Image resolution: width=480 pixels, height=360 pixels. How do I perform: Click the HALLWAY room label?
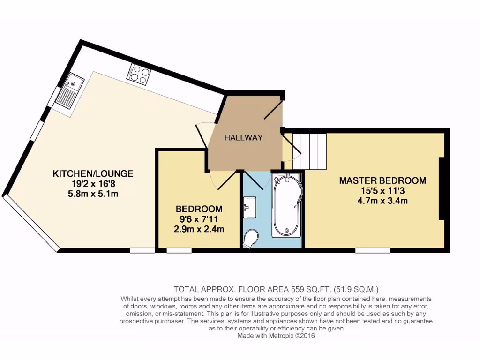tap(243, 137)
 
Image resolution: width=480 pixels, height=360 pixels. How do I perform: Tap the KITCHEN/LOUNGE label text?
tap(93, 173)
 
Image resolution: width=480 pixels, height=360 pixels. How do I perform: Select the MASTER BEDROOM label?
tap(382, 180)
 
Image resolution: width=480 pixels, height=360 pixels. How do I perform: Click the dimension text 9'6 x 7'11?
tap(199, 219)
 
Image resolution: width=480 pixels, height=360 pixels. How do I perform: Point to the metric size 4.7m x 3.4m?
tap(382, 201)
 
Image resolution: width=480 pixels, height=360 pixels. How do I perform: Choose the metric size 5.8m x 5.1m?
tap(93, 193)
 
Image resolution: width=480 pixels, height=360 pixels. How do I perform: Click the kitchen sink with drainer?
tap(68, 90)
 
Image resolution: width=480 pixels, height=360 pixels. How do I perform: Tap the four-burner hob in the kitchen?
tap(140, 74)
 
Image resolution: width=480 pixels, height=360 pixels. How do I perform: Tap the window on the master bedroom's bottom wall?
tap(373, 250)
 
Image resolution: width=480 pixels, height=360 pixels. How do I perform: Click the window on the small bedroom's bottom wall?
tap(179, 250)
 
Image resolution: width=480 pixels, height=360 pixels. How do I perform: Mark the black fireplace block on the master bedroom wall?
tap(441, 188)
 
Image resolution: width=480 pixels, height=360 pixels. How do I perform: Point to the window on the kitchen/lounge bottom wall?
tap(142, 250)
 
